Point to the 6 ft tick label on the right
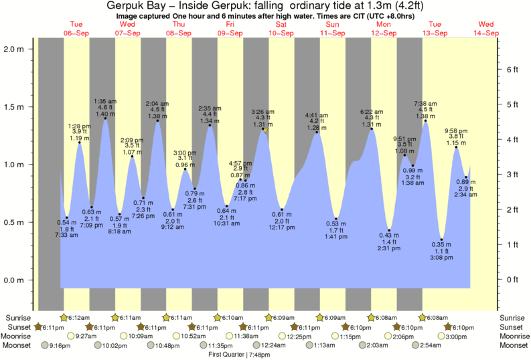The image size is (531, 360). tap(511, 70)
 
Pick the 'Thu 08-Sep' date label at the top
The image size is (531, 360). tap(179, 28)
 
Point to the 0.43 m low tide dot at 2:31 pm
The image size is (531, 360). tap(389, 230)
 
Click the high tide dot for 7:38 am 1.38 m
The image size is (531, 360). tap(425, 121)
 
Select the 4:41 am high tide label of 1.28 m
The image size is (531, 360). tap(315, 120)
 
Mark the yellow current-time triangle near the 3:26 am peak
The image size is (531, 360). tap(266, 130)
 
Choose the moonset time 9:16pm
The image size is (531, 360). tap(54, 345)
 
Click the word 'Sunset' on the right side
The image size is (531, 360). tap(512, 327)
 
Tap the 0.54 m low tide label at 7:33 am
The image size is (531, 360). tap(66, 228)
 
